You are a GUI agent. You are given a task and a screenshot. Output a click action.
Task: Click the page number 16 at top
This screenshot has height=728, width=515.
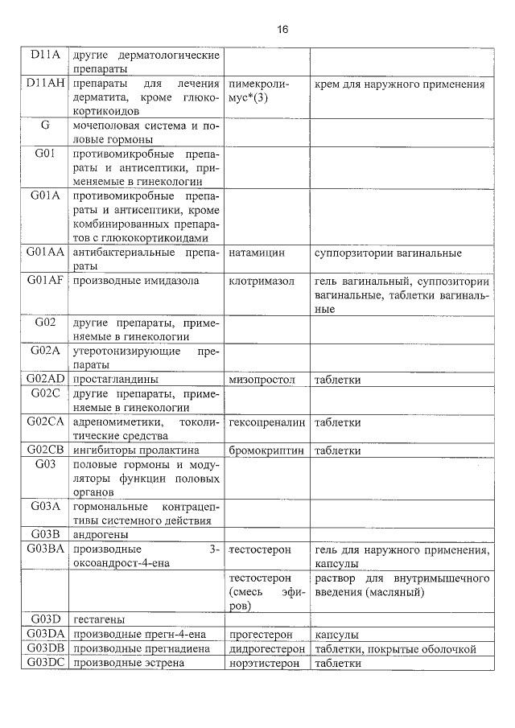point(282,29)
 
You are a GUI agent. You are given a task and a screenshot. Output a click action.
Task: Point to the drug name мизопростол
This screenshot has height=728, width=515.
point(262,379)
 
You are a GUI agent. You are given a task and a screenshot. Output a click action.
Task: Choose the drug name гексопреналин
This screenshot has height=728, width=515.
point(267,422)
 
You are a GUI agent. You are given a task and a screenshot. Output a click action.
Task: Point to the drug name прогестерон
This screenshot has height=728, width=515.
point(262,634)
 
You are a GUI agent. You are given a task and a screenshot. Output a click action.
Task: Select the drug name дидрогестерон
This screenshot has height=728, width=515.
point(267,648)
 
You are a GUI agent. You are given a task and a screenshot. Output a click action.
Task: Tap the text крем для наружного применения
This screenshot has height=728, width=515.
point(399,84)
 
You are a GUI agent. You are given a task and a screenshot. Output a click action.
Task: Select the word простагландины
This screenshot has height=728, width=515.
point(114,379)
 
